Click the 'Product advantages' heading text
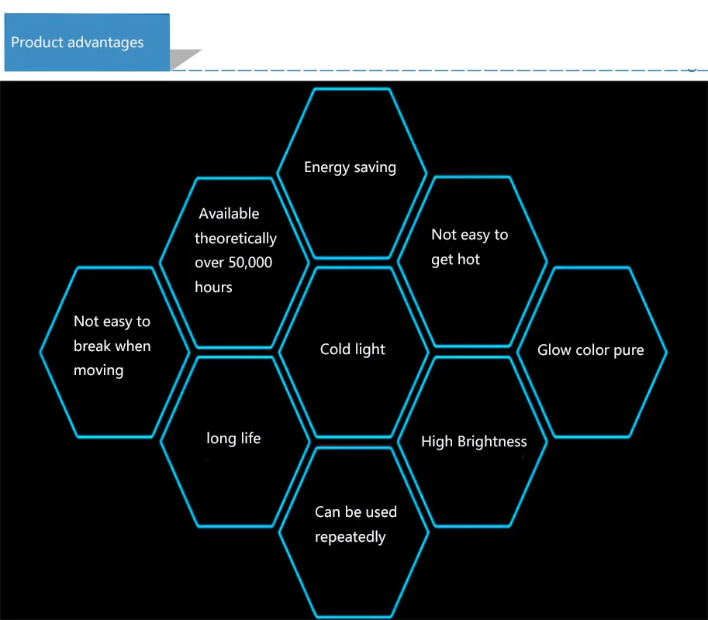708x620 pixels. pos(78,43)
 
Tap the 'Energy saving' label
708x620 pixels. pos(350,167)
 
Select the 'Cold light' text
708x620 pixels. pos(353,350)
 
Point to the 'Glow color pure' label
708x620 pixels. pos(591,350)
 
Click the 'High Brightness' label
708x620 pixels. pos(474,441)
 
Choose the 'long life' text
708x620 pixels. pos(233,438)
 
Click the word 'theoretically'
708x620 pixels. pos(236,238)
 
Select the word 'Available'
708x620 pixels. pos(229,213)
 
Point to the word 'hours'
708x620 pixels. pos(213,287)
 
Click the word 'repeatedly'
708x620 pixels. pos(351,537)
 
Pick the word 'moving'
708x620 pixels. pos(98,370)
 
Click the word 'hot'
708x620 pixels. pos(468,260)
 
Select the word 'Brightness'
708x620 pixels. pos(492,441)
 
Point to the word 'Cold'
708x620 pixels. pos(334,349)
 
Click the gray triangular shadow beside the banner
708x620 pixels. pos(182,59)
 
